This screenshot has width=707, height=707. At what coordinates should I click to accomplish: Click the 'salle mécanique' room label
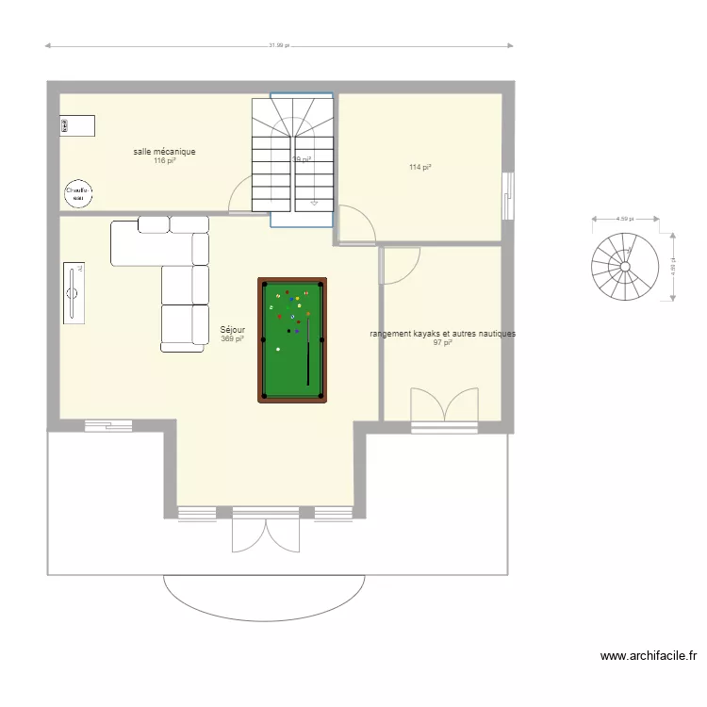pyautogui.click(x=164, y=151)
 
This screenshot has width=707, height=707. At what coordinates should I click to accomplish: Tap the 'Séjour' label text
pyautogui.click(x=232, y=330)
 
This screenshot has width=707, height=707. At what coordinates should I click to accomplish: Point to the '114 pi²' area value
pyautogui.click(x=419, y=168)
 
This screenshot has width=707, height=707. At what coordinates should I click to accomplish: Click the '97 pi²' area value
pyautogui.click(x=442, y=343)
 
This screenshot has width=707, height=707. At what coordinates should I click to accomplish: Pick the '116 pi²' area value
pyautogui.click(x=164, y=160)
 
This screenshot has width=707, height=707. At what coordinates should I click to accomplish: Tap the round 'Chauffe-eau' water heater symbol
pyautogui.click(x=75, y=193)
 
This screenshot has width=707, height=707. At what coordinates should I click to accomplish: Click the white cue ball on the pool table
pyautogui.click(x=278, y=350)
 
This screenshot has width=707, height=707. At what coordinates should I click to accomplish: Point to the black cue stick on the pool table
pyautogui.click(x=308, y=349)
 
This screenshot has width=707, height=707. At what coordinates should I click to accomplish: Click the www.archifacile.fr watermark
pyautogui.click(x=649, y=656)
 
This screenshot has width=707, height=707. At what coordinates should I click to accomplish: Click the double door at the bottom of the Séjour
pyautogui.click(x=266, y=534)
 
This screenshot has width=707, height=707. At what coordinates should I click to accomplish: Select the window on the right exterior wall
pyautogui.click(x=507, y=196)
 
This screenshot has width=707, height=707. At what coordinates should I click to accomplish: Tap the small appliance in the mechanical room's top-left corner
pyautogui.click(x=78, y=125)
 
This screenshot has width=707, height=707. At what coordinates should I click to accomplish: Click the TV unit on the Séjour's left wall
pyautogui.click(x=74, y=293)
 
